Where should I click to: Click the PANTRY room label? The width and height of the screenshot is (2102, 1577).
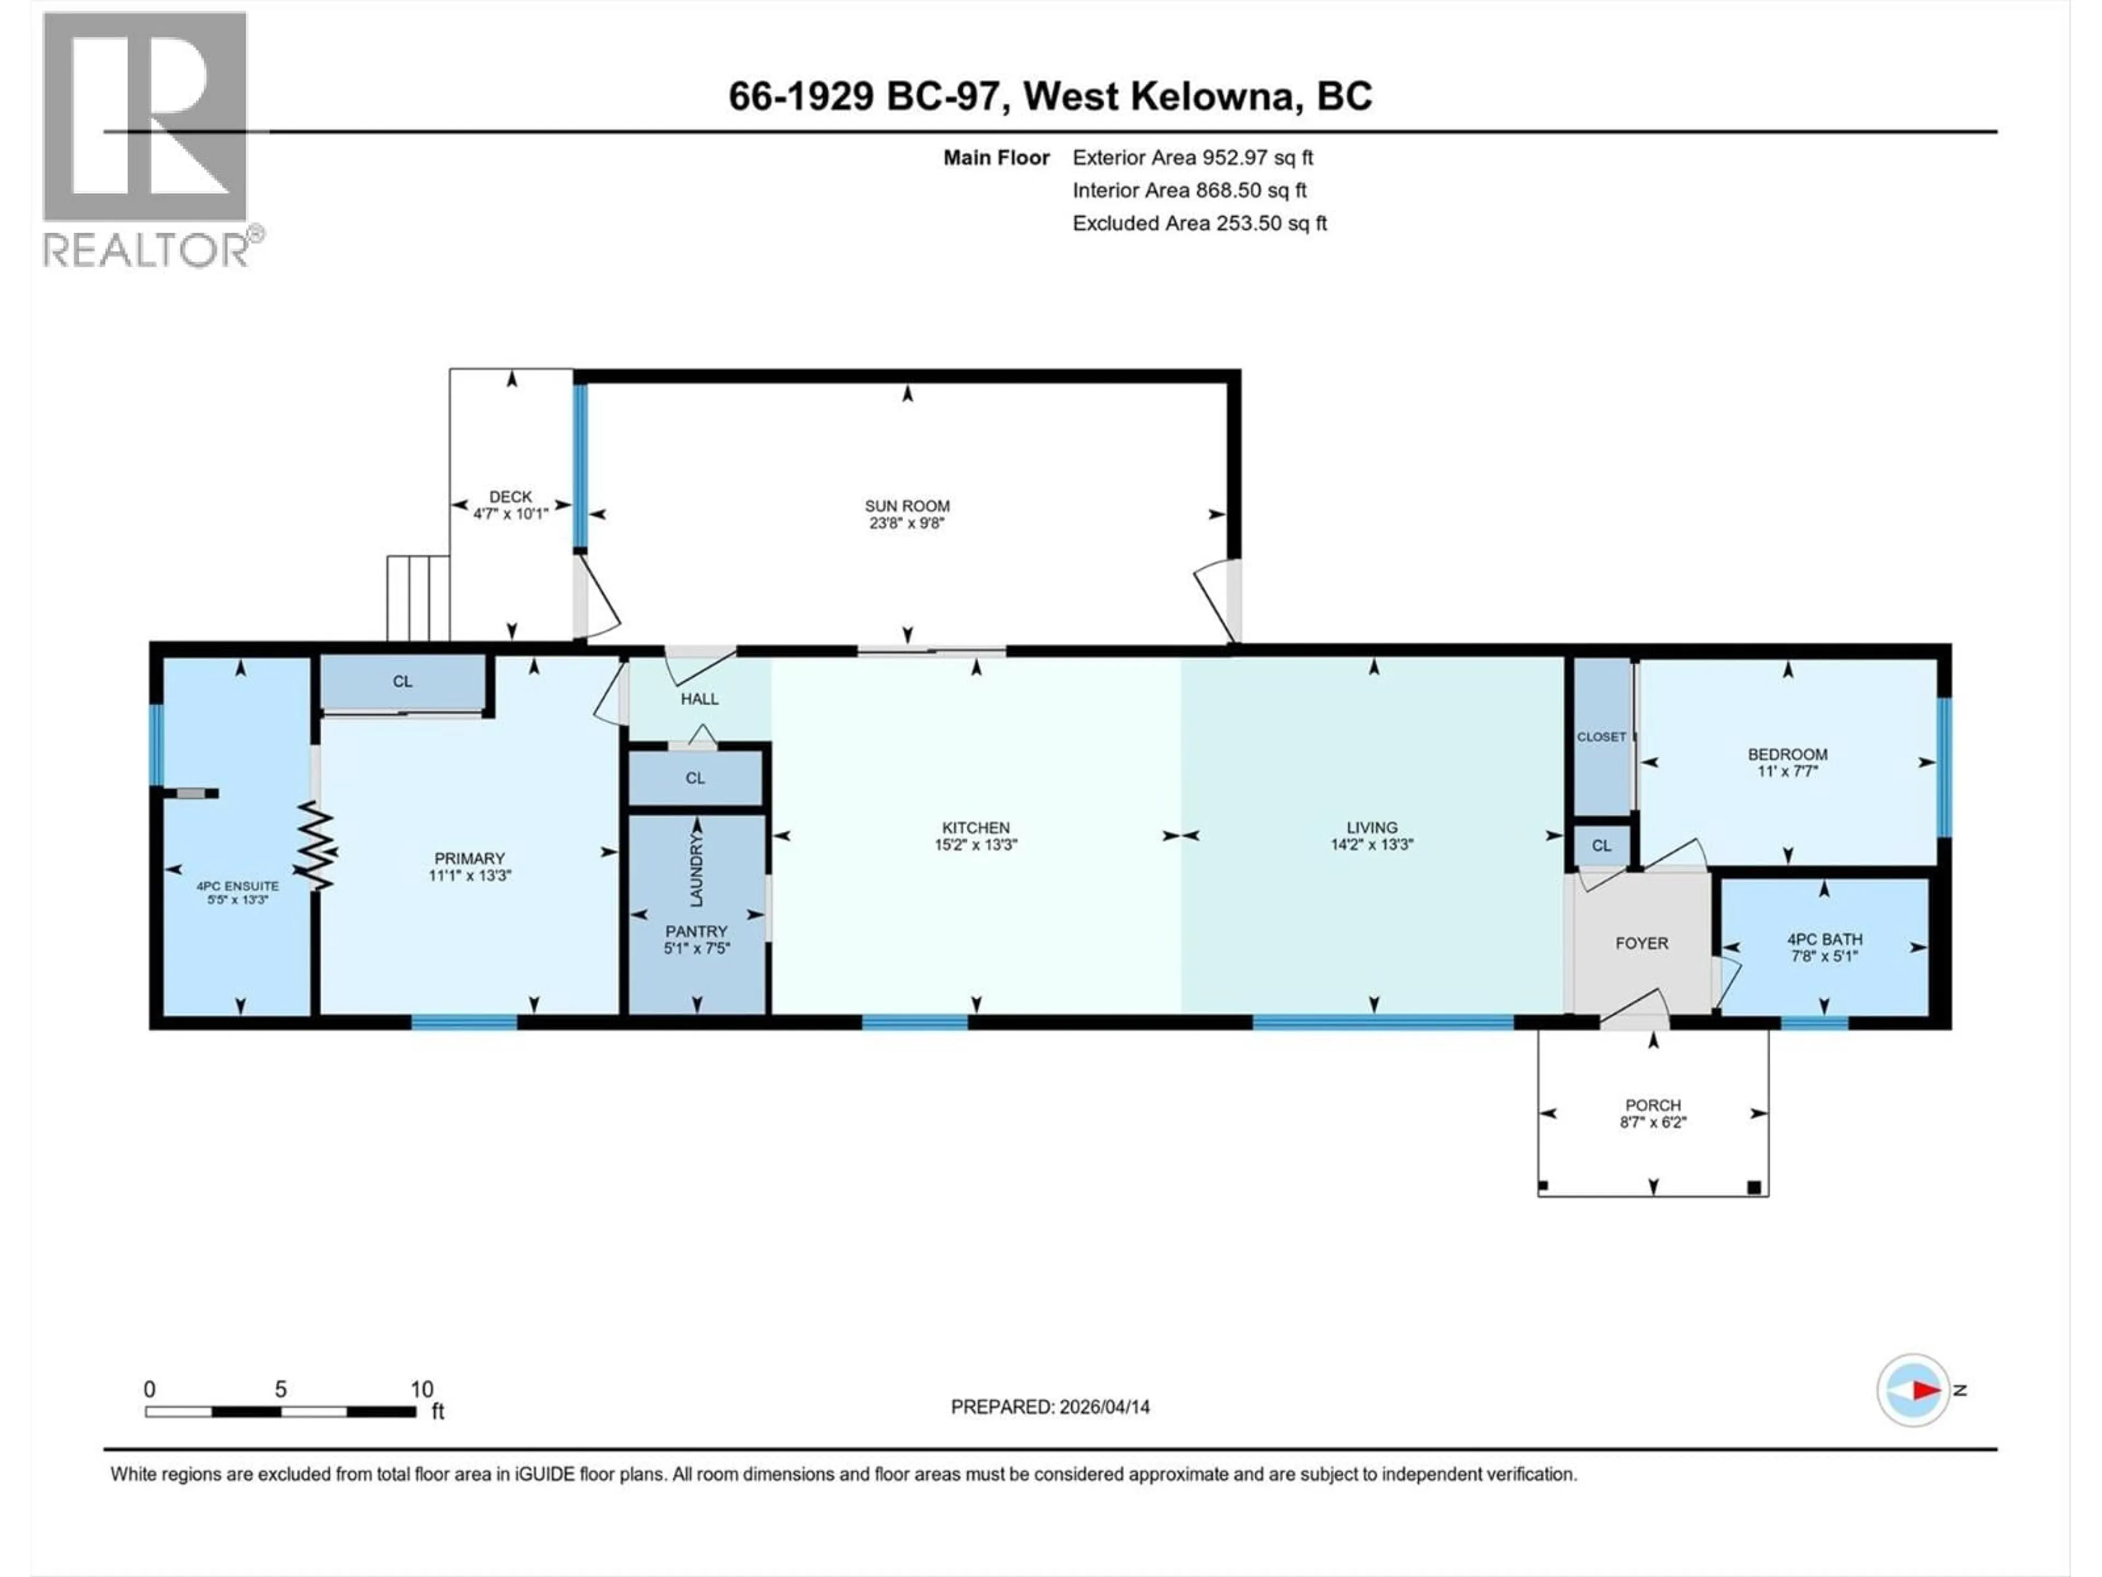696,931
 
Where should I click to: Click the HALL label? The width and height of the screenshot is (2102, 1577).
700,699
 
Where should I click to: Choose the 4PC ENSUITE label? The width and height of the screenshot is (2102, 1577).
238,886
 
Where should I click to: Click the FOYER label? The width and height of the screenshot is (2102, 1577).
1642,943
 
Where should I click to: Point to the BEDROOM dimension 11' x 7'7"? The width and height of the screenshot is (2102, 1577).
1787,771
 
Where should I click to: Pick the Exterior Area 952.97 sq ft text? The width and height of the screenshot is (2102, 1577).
1193,158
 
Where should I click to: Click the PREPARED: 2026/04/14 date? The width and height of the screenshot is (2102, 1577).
1050,1407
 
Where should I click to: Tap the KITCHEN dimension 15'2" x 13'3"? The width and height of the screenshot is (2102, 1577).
976,844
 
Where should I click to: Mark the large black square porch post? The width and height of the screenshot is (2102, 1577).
1754,1187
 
